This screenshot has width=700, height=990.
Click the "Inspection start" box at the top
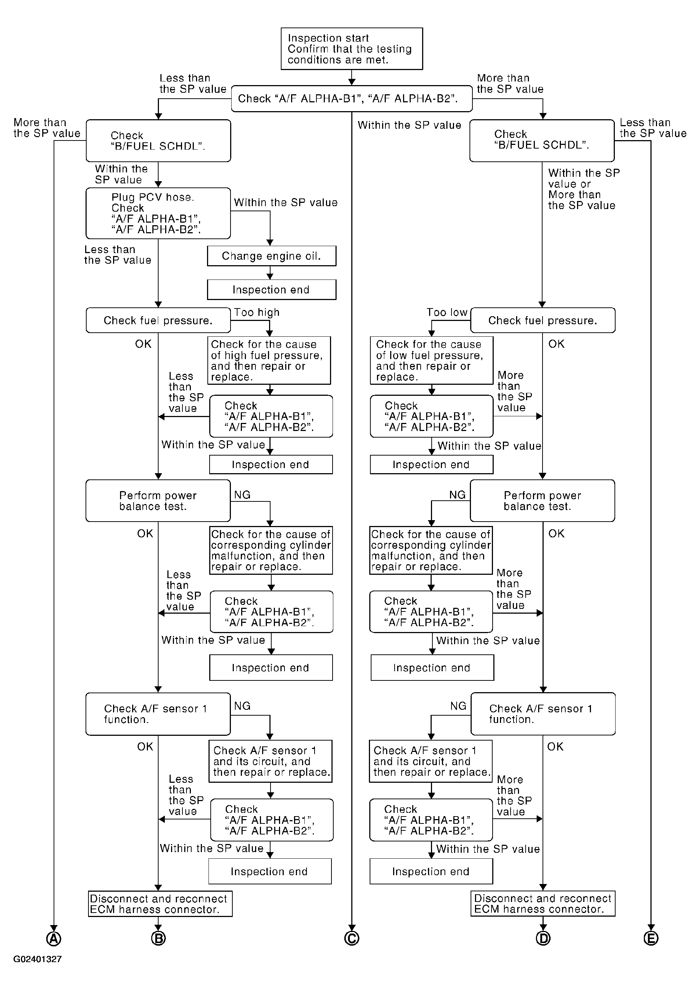(x=352, y=49)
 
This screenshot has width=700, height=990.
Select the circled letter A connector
(x=54, y=938)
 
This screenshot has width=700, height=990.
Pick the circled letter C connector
(x=352, y=938)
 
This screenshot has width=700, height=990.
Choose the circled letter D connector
(x=543, y=938)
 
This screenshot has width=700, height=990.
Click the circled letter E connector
(x=651, y=938)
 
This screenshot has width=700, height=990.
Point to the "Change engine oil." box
(x=272, y=256)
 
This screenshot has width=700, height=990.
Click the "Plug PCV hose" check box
(x=158, y=213)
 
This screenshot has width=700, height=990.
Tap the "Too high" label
(x=257, y=313)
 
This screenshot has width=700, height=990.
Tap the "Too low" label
(x=447, y=313)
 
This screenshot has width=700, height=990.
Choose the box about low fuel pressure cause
(x=432, y=361)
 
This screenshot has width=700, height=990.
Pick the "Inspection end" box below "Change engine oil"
(x=272, y=290)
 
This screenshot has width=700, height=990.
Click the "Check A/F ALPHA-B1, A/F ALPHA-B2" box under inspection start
(x=352, y=99)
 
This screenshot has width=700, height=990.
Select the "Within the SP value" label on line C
(x=410, y=125)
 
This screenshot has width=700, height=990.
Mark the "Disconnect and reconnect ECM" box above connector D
(x=543, y=904)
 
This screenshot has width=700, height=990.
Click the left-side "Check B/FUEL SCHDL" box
(x=158, y=141)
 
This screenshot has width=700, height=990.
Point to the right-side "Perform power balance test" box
(x=543, y=501)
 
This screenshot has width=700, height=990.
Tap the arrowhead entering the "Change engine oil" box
(x=270, y=243)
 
